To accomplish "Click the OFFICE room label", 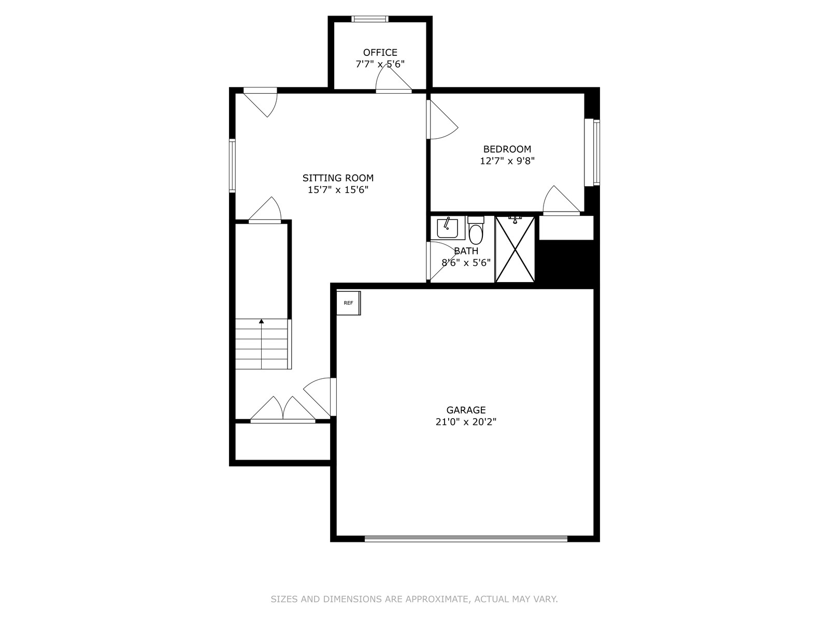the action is pos(380,52).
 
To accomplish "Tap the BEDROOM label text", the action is pos(507,149).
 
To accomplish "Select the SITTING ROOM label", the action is pos(338,178).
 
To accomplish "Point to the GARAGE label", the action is pos(466,410).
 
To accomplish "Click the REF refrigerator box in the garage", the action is pos(349,303).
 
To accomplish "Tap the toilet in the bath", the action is pos(476,230).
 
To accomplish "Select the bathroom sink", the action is pos(448,228).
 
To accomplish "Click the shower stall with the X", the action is pos(515,249).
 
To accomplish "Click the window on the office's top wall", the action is pos(370,19).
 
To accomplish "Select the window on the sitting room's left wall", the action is pos(233,166).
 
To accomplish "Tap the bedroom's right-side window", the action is pos(592,152).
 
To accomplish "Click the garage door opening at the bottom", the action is pos(466,539).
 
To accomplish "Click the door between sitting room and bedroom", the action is pos(442,120).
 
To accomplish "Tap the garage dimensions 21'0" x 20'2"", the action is pos(466,422).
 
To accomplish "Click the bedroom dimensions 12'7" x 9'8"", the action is pos(507,161).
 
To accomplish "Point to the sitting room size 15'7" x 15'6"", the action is pos(338,189).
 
